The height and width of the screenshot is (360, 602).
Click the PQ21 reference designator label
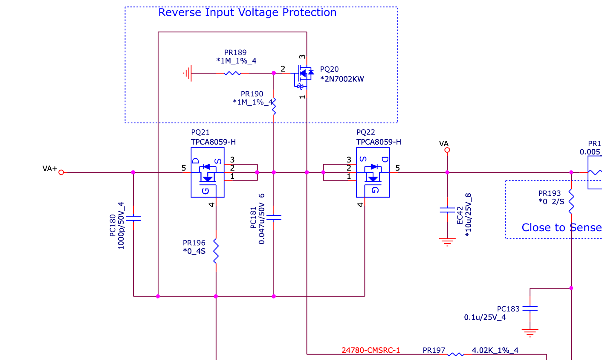(200, 133)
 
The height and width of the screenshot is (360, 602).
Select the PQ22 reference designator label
(366, 133)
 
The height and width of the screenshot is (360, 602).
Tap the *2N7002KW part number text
(342, 79)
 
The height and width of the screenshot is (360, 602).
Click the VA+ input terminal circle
(61, 172)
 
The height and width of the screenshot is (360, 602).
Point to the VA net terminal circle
(447, 150)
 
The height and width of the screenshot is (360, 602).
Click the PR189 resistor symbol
(232, 73)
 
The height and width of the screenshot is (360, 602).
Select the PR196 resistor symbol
(216, 251)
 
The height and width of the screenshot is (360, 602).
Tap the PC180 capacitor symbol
(133, 218)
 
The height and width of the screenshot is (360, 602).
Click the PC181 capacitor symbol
(274, 218)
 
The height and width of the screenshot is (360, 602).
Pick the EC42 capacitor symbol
(447, 210)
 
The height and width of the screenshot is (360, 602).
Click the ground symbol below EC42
(447, 242)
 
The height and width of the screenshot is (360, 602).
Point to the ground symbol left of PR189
(188, 73)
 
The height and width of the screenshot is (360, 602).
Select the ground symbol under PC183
(530, 333)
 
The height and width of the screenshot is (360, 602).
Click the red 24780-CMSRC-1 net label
(370, 351)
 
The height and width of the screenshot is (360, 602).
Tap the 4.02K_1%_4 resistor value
(495, 351)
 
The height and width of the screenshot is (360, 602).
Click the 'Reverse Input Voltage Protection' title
(247, 13)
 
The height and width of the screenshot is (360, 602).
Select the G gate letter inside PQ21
(206, 191)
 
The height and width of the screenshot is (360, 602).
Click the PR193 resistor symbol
(571, 202)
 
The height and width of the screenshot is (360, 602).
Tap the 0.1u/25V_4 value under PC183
(485, 317)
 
